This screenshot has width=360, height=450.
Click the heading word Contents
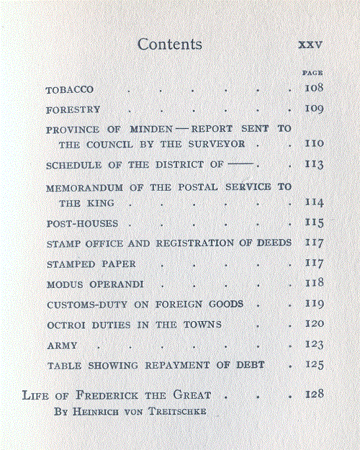click(169, 44)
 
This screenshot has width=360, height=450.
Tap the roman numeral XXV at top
click(310, 45)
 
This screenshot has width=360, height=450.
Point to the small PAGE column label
click(312, 72)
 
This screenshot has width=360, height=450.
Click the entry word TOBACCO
click(70, 90)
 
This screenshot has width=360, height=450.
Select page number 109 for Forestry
click(314, 109)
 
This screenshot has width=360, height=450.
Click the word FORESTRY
click(73, 110)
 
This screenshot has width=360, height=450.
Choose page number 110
click(314, 144)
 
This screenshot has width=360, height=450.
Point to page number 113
click(314, 165)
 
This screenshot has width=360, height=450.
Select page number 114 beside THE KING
click(314, 203)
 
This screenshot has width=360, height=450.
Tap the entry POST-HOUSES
click(81, 223)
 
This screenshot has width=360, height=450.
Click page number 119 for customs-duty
click(314, 304)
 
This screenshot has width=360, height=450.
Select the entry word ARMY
click(62, 346)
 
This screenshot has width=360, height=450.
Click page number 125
click(314, 365)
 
